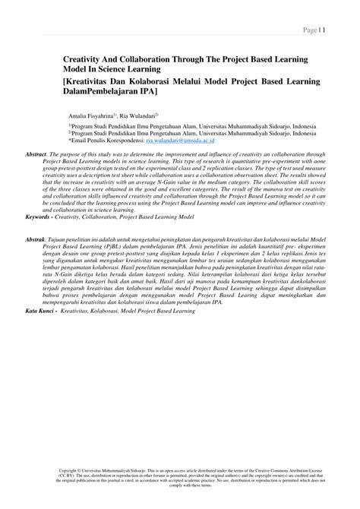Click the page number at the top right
coord(313,30)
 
